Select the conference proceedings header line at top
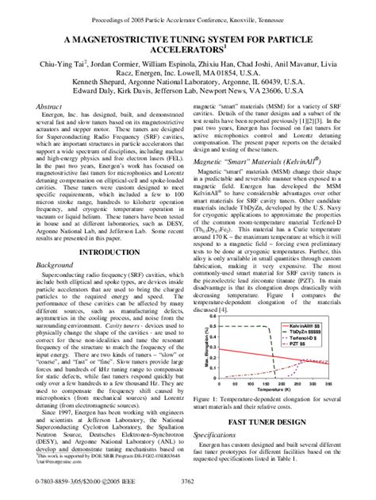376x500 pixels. point(187,9)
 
